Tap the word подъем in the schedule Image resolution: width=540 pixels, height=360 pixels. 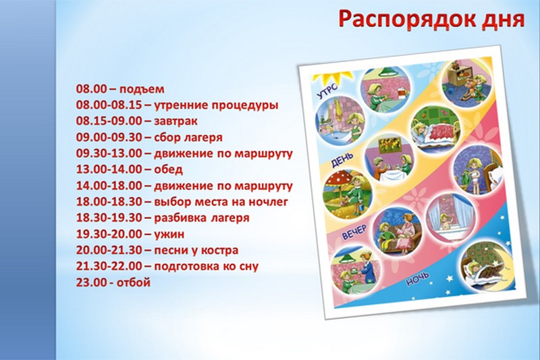click(x=142, y=90)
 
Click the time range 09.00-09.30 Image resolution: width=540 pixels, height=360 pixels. click(x=109, y=138)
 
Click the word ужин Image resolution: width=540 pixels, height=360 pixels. click(x=169, y=234)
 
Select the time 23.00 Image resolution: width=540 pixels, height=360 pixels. click(x=92, y=283)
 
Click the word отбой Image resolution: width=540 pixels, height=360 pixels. click(x=134, y=283)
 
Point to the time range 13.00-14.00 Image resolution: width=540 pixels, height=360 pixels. click(x=109, y=170)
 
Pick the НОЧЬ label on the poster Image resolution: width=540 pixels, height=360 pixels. click(x=418, y=279)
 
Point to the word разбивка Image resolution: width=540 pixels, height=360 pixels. click(x=180, y=218)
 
